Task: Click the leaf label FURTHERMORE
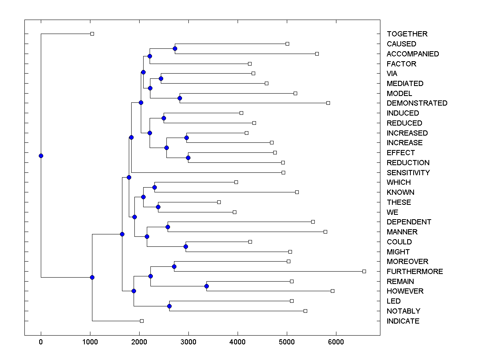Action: pyautogui.click(x=415, y=272)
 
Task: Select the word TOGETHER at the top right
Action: pyautogui.click(x=407, y=34)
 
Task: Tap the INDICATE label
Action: pyautogui.click(x=403, y=321)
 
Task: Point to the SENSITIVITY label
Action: pyautogui.click(x=408, y=173)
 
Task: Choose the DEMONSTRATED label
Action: pyautogui.click(x=417, y=103)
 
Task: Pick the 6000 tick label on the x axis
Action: pyautogui.click(x=336, y=342)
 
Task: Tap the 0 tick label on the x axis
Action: pyautogui.click(x=41, y=342)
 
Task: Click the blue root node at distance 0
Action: pyautogui.click(x=41, y=156)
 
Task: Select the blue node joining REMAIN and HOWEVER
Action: pyautogui.click(x=206, y=286)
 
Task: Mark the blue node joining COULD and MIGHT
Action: pyautogui.click(x=186, y=246)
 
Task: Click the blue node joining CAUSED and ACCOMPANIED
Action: pyautogui.click(x=175, y=49)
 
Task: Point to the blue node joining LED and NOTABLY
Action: pyautogui.click(x=169, y=306)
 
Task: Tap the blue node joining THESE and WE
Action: pyautogui.click(x=158, y=207)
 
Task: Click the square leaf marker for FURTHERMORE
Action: pyautogui.click(x=364, y=271)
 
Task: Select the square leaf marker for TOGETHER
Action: pyautogui.click(x=92, y=34)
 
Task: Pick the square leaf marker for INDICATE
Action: pyautogui.click(x=142, y=321)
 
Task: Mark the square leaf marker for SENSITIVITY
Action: pyautogui.click(x=283, y=172)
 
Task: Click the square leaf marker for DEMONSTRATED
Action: pyautogui.click(x=328, y=103)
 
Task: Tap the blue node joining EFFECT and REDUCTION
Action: pyautogui.click(x=188, y=158)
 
